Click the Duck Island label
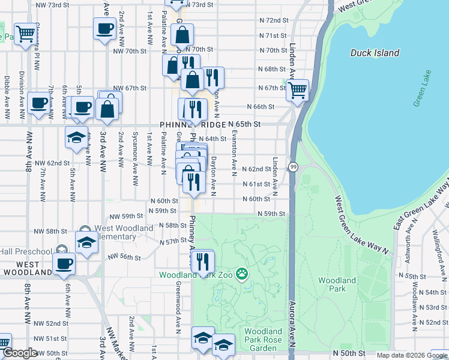coord(375,53)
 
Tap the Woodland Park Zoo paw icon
coord(241,274)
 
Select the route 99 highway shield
coord(293,166)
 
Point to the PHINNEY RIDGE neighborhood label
coord(193,124)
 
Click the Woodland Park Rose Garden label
coord(264,340)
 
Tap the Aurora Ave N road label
coord(294,324)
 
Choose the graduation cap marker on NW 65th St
coord(77,137)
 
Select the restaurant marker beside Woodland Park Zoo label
coord(202,261)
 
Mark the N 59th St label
coord(271,214)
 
